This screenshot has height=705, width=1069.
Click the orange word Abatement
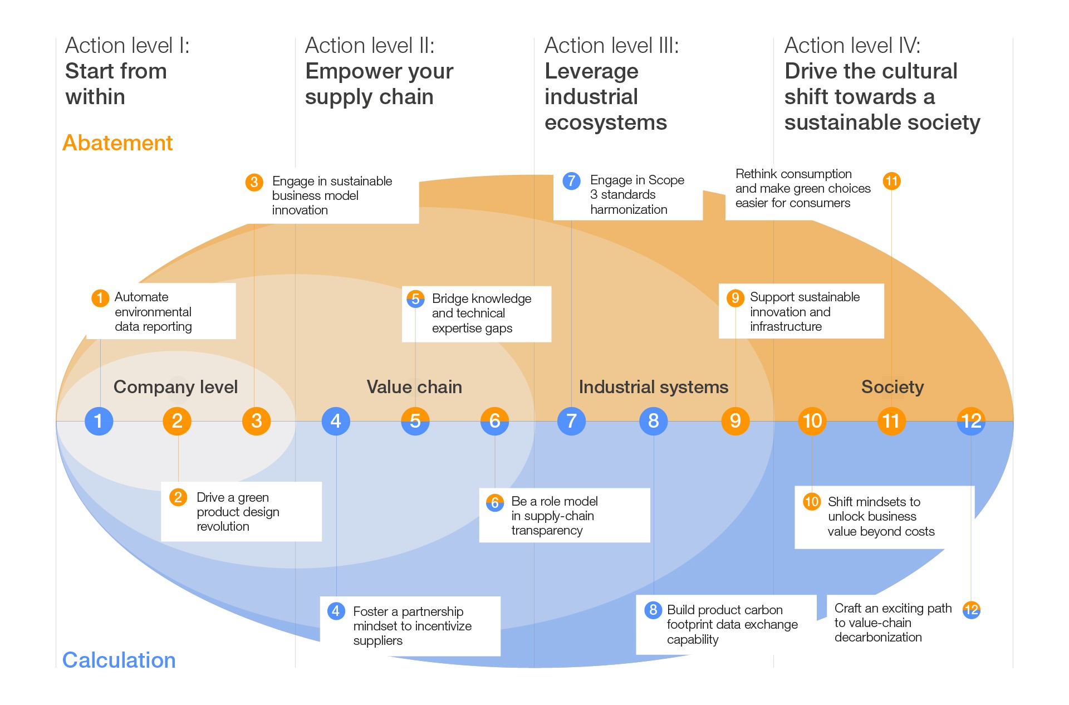point(117,143)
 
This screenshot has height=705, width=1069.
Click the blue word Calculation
point(119,660)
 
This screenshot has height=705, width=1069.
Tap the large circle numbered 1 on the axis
point(99,421)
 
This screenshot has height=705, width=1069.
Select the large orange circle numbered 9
point(735,421)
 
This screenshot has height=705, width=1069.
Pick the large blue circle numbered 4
point(336,421)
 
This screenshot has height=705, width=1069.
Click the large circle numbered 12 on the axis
point(971,421)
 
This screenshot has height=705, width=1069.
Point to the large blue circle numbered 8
point(653,421)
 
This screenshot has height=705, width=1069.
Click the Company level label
point(175,387)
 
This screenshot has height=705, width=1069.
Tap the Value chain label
point(414,387)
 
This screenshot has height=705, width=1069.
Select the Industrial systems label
point(653,387)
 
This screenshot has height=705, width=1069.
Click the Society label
point(892,387)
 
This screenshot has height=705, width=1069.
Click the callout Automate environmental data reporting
point(153,312)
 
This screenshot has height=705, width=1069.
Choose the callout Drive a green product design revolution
point(238,512)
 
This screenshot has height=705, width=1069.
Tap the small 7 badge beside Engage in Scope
point(571,180)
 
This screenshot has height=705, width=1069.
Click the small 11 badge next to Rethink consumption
point(891,181)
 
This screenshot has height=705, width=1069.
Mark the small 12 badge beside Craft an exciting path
point(971,610)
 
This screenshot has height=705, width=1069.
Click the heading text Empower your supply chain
point(379,84)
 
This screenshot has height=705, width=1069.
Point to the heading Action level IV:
point(852,46)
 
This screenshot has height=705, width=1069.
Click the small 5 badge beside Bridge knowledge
point(415,299)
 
